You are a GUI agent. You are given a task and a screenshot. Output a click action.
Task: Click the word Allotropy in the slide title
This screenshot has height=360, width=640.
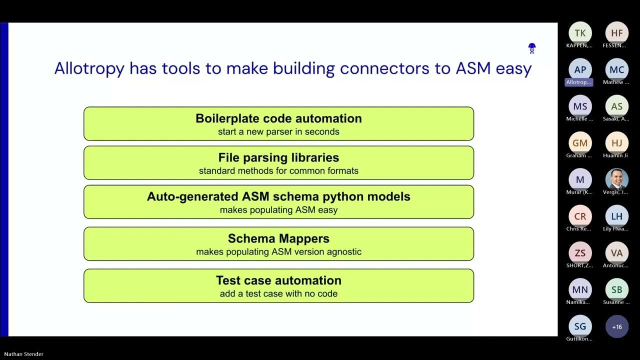(x=89, y=68)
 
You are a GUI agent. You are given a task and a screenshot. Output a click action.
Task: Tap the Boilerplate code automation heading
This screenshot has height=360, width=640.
(x=278, y=118)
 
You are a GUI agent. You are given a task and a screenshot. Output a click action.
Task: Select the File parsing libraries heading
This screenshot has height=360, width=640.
(x=278, y=157)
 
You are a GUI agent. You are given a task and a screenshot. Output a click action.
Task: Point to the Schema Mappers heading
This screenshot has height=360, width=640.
(x=278, y=238)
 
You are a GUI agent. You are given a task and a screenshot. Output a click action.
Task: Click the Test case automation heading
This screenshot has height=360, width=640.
(x=278, y=280)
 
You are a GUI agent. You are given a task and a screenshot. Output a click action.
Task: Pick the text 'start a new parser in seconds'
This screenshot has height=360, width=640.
(x=278, y=132)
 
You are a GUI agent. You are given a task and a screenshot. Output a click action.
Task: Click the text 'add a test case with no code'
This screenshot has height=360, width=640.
(x=278, y=294)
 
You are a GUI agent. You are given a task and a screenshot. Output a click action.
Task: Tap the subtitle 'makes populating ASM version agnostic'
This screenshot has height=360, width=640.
(x=278, y=252)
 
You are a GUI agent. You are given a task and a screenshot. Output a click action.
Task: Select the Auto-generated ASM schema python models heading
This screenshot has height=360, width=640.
(x=278, y=196)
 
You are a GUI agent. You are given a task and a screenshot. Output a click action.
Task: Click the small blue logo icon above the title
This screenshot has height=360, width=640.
(x=532, y=48)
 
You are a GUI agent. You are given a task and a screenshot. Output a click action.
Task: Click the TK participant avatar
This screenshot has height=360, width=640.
(x=580, y=33)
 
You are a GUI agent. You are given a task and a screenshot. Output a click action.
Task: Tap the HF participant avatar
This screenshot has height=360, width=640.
(x=617, y=33)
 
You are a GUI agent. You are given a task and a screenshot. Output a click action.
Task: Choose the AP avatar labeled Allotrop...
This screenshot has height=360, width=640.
(x=580, y=70)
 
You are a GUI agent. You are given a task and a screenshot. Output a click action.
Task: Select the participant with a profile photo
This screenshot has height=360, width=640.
(x=617, y=179)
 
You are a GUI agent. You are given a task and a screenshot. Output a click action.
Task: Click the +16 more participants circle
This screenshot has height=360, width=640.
(x=617, y=326)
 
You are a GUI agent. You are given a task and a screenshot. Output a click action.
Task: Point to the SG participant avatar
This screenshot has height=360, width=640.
(x=580, y=326)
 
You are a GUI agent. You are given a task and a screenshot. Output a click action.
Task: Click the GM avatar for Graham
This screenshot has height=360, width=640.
(x=580, y=143)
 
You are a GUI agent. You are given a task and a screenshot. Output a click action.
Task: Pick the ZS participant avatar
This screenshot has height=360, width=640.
(x=580, y=253)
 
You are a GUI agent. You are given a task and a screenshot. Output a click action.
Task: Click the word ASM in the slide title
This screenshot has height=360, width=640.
(x=473, y=68)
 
